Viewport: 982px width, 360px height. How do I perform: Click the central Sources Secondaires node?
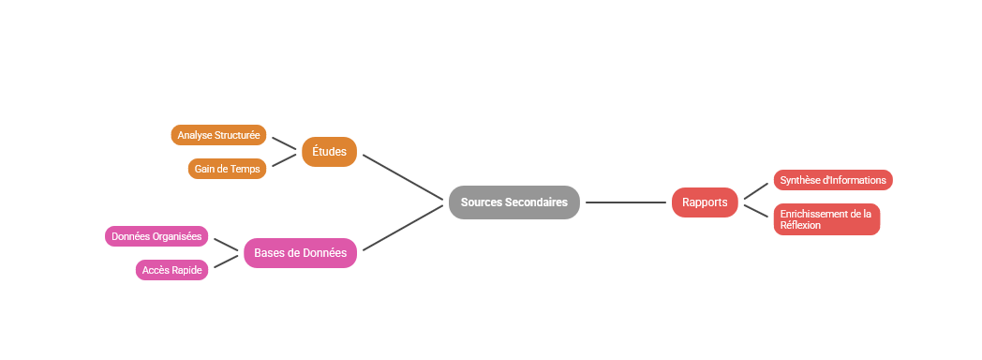[x=513, y=202]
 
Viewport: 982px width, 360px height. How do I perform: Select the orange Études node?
[x=329, y=152]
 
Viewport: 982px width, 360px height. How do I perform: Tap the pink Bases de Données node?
[x=300, y=252]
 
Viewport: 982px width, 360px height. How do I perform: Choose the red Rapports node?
[x=705, y=202]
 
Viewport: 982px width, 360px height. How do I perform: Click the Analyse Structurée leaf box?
[x=218, y=135]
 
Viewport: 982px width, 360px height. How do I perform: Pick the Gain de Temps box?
[x=228, y=169]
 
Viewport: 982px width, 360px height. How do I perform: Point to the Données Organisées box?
[x=156, y=236]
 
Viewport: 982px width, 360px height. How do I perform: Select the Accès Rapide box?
[x=172, y=270]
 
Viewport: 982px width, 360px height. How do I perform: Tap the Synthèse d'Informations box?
[x=832, y=180]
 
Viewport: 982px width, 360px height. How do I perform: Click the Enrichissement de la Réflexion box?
[x=826, y=219]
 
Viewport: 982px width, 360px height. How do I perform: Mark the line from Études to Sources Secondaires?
[x=402, y=176]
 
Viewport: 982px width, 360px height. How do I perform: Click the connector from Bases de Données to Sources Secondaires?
[x=402, y=228]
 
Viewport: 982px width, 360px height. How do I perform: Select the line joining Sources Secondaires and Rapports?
[x=626, y=202]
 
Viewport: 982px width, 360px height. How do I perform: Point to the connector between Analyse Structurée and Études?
[x=284, y=143]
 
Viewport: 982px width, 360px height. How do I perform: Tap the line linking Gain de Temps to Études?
[x=284, y=161]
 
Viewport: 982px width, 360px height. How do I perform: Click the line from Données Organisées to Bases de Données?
[x=226, y=244]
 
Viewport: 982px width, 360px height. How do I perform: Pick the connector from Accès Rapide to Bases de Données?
[x=226, y=262]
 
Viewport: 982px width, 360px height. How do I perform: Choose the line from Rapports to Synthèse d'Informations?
[x=755, y=191]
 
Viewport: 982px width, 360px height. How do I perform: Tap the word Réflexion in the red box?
[x=800, y=226]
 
